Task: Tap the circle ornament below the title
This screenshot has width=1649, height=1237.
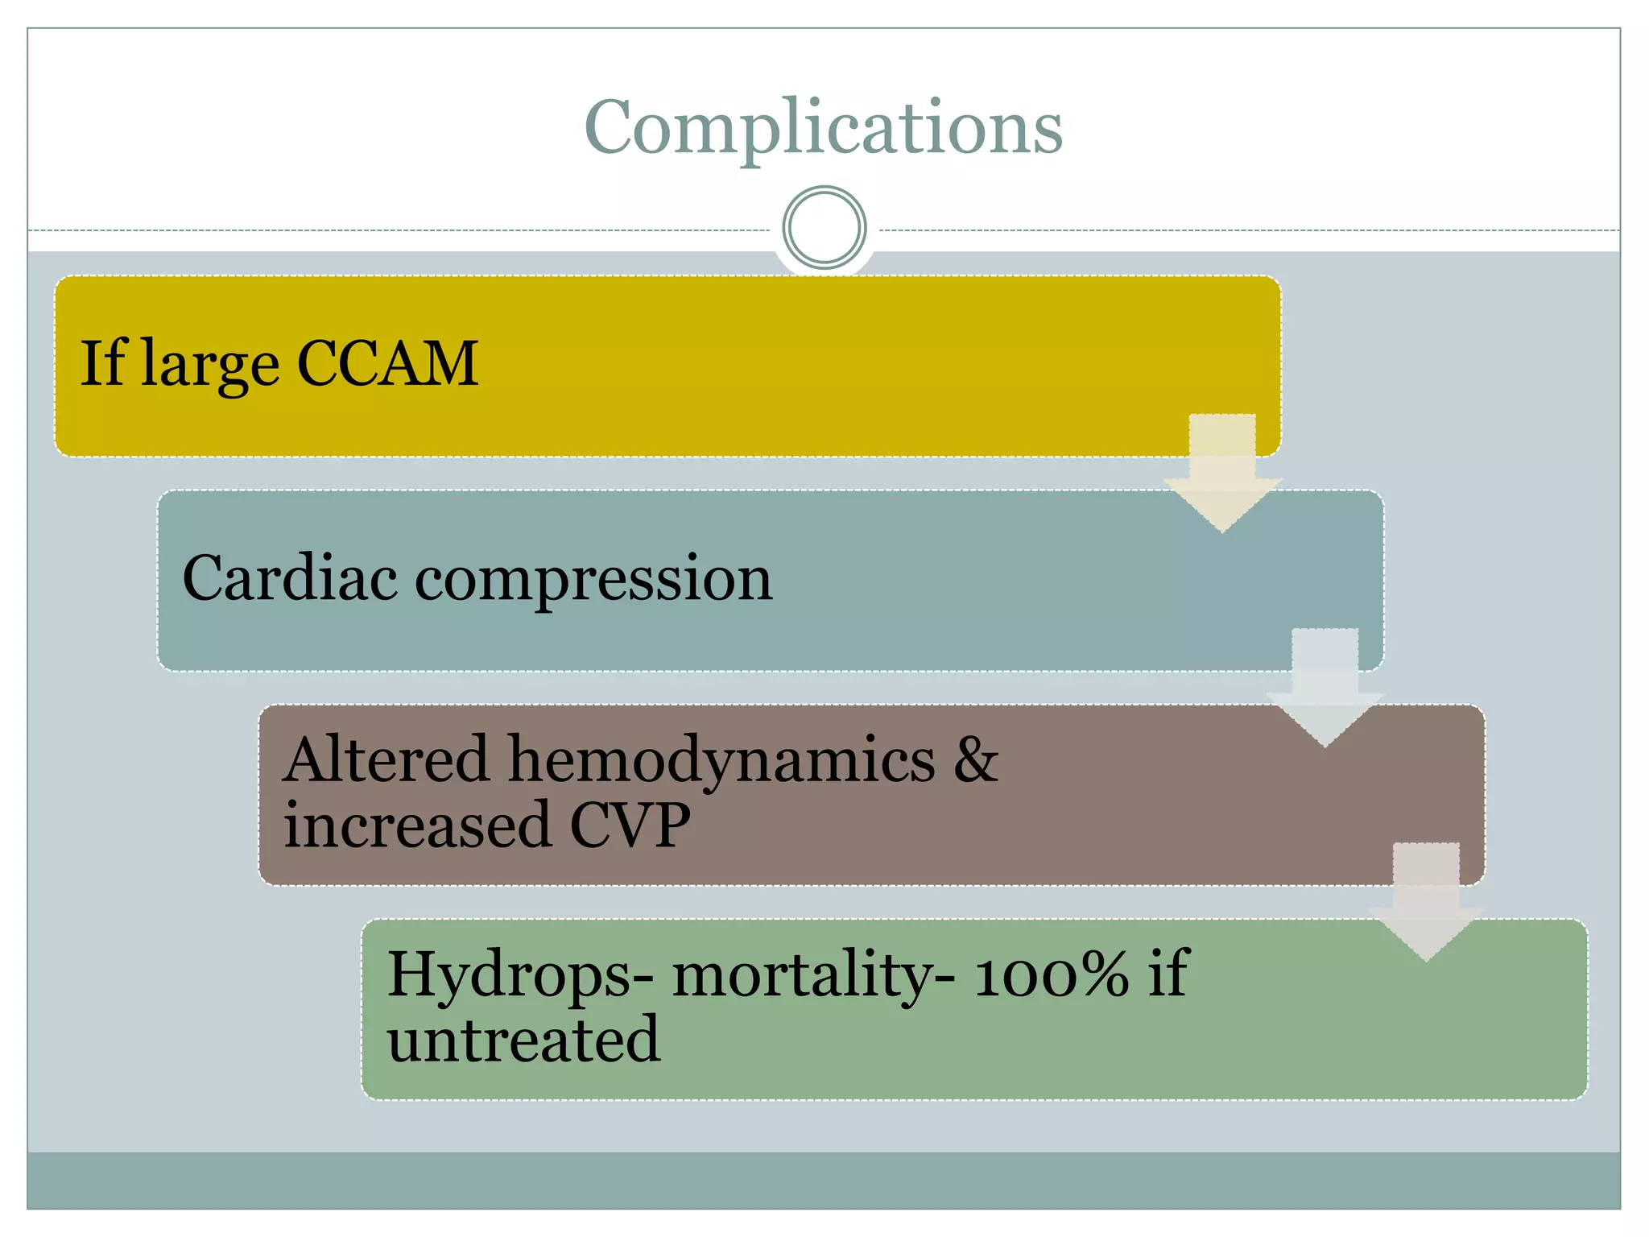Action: [824, 228]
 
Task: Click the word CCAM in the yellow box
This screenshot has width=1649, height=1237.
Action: [388, 364]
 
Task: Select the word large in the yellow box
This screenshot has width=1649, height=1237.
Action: [210, 366]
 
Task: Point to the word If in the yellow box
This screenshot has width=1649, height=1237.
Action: [101, 364]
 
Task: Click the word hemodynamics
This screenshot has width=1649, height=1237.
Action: [721, 761]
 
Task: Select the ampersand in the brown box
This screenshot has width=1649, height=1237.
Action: [975, 759]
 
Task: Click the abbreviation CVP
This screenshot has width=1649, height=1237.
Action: [630, 825]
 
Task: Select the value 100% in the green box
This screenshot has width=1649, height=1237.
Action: [1052, 974]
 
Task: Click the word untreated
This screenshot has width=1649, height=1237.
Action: [523, 1040]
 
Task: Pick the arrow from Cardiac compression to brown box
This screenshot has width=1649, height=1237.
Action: [1325, 689]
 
